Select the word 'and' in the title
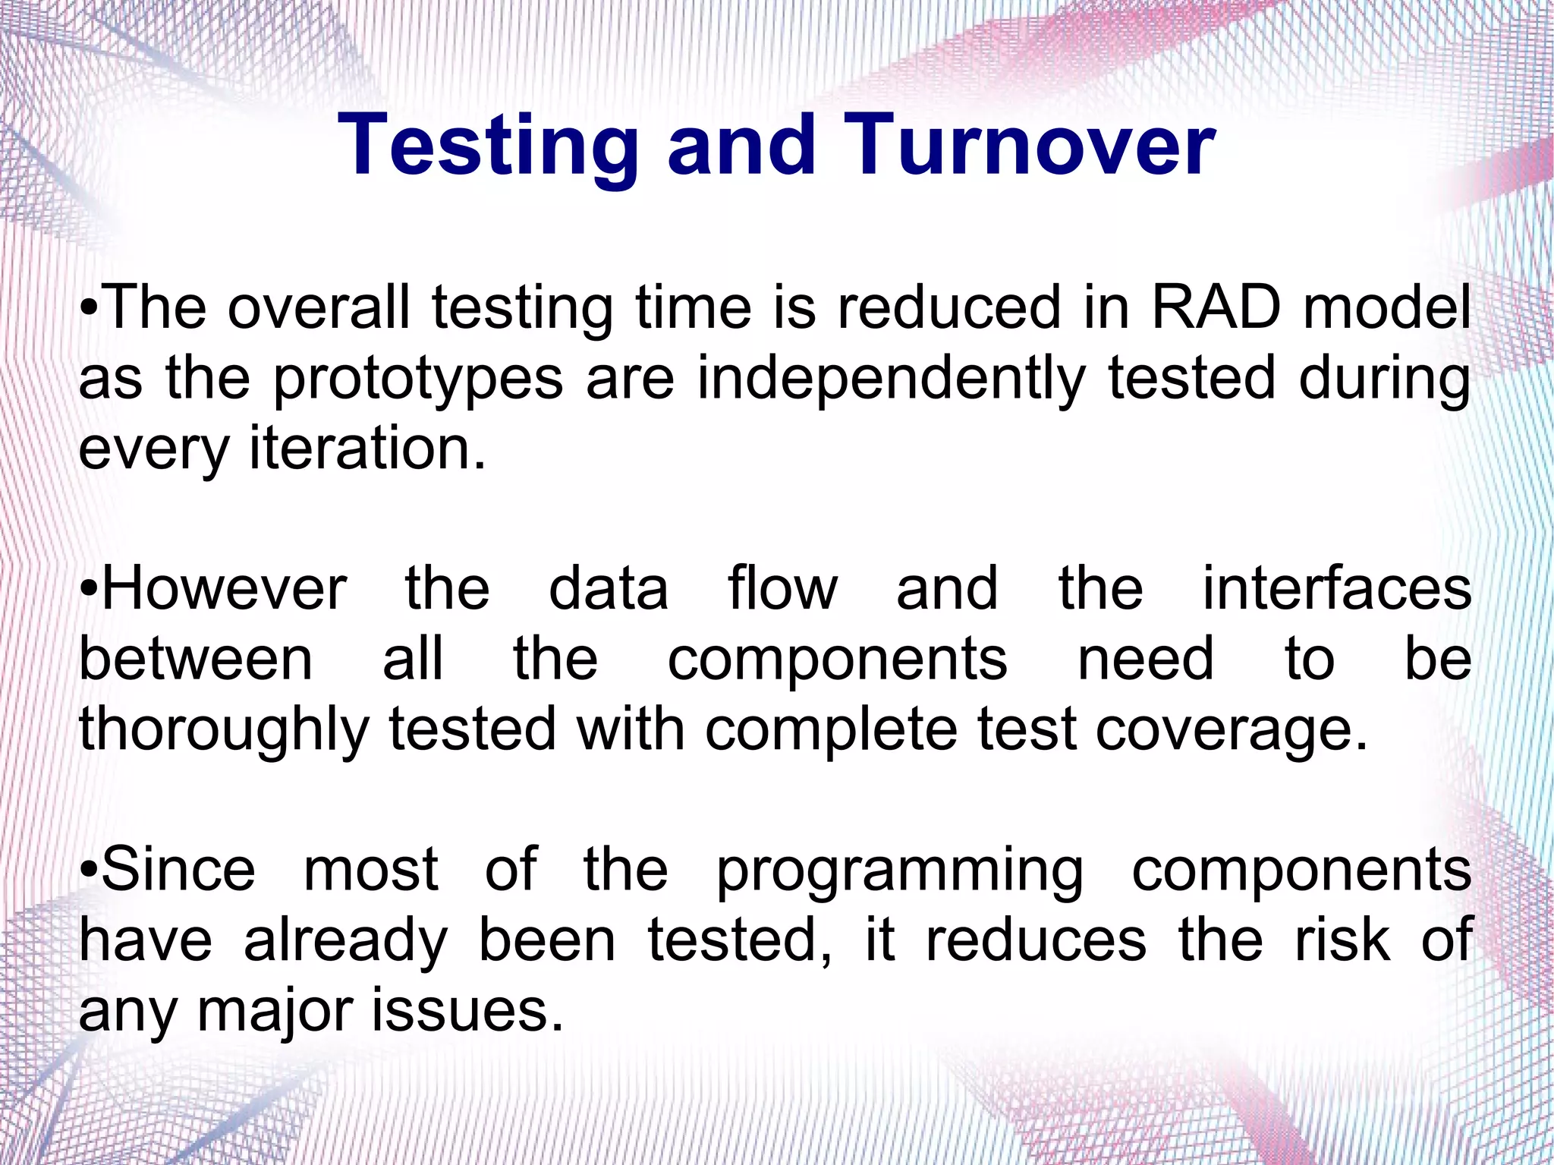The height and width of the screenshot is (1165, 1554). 741,146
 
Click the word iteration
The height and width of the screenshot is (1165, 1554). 367,449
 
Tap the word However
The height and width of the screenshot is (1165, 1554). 225,590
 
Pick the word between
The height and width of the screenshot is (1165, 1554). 196,660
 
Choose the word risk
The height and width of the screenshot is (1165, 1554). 1342,940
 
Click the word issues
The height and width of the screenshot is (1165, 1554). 467,1011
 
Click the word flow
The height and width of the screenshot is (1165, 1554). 783,590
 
